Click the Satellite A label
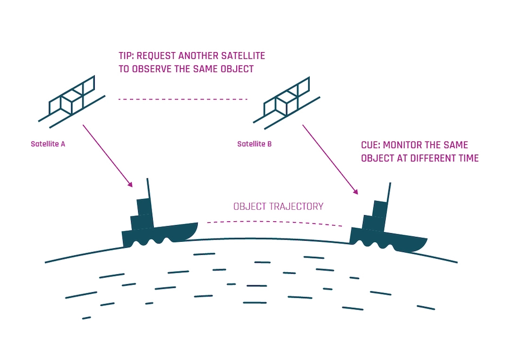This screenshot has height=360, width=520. tap(48, 144)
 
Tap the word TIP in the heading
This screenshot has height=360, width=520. tap(126, 56)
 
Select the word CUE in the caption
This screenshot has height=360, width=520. tap(370, 146)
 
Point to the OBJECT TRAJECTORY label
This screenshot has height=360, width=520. tap(278, 207)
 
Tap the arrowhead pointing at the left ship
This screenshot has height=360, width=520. tap(129, 184)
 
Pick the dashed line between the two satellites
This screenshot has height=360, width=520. tap(183, 99)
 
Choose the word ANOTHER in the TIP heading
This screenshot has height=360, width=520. tap(198, 56)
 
